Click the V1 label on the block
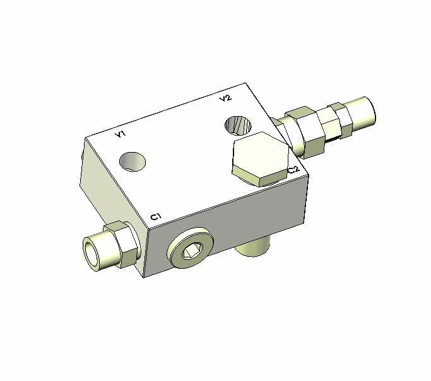click(121, 134)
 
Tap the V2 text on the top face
click(225, 98)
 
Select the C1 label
click(156, 217)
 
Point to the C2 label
click(293, 170)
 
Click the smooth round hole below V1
click(133, 161)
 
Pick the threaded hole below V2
click(238, 126)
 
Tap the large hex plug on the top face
click(260, 159)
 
